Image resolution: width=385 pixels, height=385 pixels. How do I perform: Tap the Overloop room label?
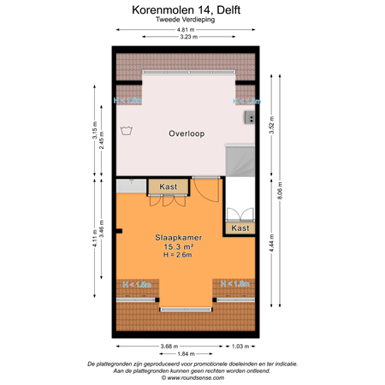tap(186, 133)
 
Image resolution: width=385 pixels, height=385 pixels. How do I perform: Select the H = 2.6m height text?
tap(180, 255)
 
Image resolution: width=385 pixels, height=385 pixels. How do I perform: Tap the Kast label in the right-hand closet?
tap(240, 228)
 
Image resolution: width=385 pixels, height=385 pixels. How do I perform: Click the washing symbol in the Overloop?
tap(127, 130)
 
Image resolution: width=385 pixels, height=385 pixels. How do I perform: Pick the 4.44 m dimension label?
tap(271, 246)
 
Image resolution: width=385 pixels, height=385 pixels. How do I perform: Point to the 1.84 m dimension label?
tap(187, 353)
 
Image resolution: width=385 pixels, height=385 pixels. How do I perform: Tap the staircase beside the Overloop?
tap(240, 163)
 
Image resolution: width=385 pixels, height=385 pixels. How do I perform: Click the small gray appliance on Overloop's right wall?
tap(251, 116)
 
